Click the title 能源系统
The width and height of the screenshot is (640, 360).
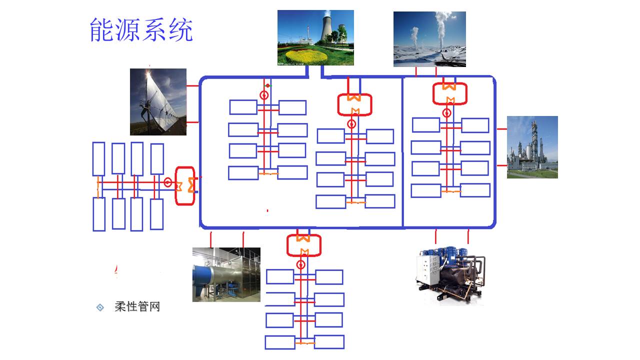(141, 30)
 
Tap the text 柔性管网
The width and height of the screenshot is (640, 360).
(137, 306)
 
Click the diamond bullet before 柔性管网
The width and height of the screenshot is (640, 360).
(100, 307)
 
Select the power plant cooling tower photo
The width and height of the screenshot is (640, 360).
(315, 37)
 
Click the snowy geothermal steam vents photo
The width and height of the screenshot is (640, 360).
(429, 39)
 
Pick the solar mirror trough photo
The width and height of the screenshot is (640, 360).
(158, 102)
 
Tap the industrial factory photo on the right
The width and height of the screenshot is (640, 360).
(532, 147)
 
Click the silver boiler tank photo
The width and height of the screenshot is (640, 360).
(226, 274)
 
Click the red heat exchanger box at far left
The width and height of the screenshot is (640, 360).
(184, 185)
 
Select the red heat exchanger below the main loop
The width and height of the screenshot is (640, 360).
(303, 245)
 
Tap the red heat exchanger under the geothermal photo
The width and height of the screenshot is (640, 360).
(449, 93)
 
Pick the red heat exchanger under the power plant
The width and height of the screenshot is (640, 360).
(354, 104)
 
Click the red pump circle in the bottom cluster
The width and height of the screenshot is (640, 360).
(300, 264)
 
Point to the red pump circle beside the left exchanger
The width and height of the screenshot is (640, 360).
(167, 182)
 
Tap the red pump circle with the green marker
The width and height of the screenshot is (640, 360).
(264, 94)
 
